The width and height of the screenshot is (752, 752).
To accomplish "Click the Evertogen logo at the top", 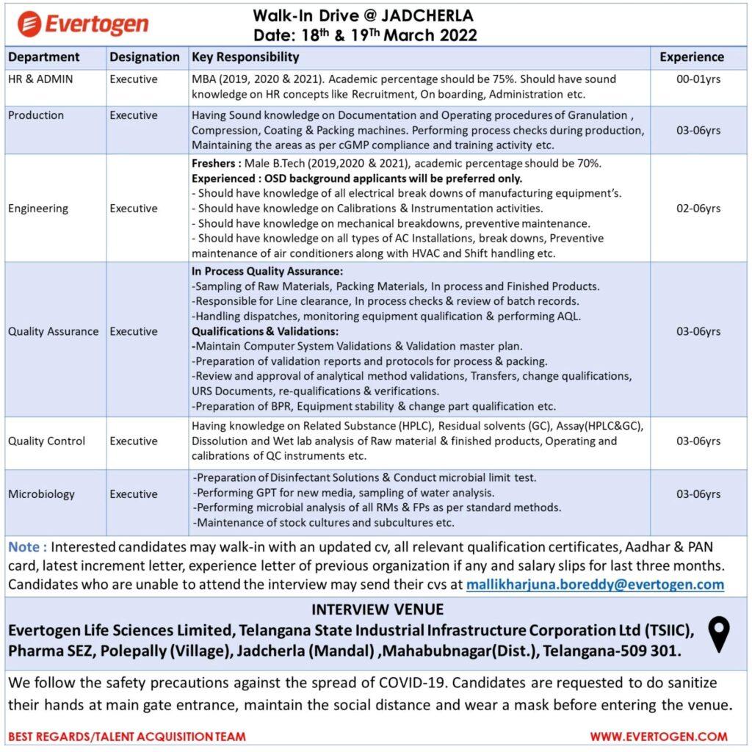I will pyautogui.click(x=82, y=23).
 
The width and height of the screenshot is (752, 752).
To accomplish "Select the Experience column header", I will pyautogui.click(x=691, y=57).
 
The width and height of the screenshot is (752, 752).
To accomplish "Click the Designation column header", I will pyautogui.click(x=145, y=57).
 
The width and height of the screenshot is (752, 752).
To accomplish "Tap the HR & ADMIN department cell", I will pyautogui.click(x=40, y=79).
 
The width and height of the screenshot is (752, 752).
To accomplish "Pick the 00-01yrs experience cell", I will pyautogui.click(x=698, y=79).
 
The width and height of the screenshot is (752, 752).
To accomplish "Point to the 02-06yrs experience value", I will pyautogui.click(x=698, y=209).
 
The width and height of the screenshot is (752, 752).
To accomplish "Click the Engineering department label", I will pyautogui.click(x=38, y=209).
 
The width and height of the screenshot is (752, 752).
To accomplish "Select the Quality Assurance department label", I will pyautogui.click(x=53, y=331).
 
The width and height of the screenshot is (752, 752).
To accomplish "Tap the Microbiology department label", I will pyautogui.click(x=41, y=494).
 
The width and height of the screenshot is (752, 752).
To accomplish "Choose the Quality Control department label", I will pyautogui.click(x=46, y=441).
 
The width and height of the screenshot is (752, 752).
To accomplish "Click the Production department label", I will pyautogui.click(x=36, y=115).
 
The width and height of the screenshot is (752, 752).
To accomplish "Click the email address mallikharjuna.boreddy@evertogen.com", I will pyautogui.click(x=594, y=585).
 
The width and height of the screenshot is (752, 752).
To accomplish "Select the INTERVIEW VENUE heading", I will pyautogui.click(x=377, y=610).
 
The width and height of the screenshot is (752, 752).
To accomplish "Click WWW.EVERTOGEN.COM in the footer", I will pyautogui.click(x=659, y=736).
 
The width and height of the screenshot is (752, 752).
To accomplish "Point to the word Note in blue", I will pyautogui.click(x=28, y=547).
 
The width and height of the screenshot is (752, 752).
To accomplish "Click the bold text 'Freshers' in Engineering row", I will pyautogui.click(x=215, y=163).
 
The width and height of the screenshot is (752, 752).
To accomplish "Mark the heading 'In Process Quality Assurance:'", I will pyautogui.click(x=267, y=271).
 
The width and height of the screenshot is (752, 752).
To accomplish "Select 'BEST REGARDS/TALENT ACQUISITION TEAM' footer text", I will pyautogui.click(x=127, y=736).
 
